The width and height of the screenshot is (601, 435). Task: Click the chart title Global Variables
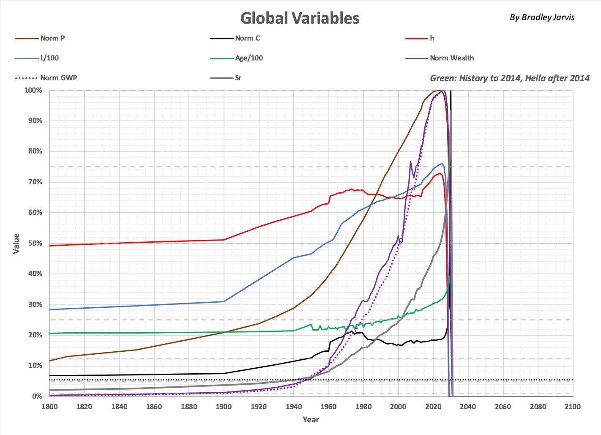point(300,18)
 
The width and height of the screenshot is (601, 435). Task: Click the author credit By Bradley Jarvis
point(542,17)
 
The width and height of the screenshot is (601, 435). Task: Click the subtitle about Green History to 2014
point(510,78)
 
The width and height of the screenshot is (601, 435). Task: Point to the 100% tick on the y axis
point(33,90)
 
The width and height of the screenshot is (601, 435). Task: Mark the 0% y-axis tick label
point(37,396)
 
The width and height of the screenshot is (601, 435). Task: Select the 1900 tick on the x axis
point(224,407)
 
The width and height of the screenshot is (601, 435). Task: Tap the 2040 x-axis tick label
point(468,407)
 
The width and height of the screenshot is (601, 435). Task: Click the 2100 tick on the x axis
point(572,407)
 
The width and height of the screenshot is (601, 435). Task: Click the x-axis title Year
point(311,419)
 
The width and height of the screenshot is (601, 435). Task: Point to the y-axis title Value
point(16,243)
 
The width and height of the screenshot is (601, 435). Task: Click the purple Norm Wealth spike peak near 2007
point(410,161)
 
